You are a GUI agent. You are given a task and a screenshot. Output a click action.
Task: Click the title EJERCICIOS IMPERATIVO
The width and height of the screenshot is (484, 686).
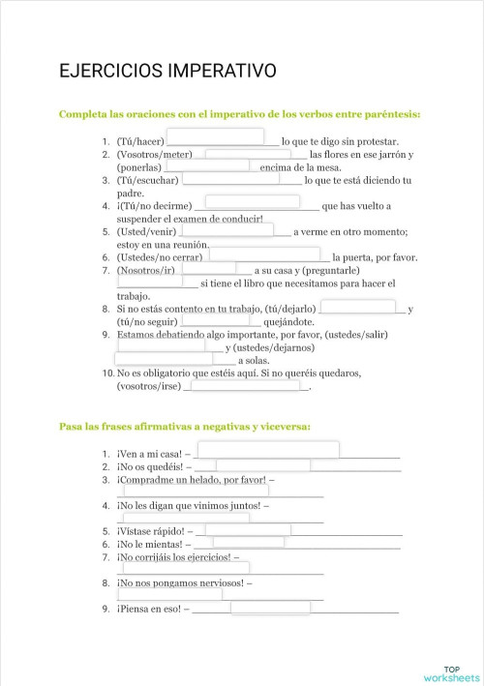coord(167,71)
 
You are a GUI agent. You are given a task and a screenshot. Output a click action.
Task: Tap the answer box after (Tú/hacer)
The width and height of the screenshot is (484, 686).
coord(216,136)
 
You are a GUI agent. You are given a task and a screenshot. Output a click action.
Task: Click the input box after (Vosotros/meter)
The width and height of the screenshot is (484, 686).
coord(248,153)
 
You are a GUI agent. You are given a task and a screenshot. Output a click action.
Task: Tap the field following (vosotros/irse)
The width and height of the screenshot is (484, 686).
coord(246,385)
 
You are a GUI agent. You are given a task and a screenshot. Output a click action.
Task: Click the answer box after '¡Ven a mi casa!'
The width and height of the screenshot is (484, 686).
coord(268,450)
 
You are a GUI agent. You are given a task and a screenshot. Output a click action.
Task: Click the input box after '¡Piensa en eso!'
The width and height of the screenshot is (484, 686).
coord(270,608)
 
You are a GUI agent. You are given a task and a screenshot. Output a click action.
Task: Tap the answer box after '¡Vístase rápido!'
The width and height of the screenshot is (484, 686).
coord(247,529)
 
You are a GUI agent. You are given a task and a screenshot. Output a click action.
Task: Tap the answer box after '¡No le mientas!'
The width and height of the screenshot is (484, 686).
coord(248,543)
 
